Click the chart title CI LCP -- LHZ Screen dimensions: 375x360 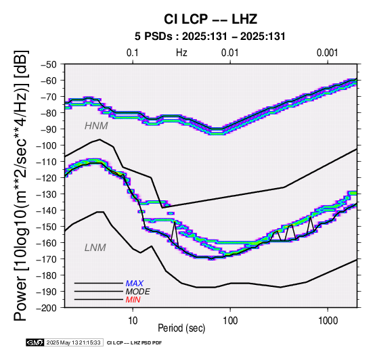point(211,19)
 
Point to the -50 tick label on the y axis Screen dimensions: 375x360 point(48,64)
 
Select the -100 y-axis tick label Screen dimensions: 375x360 point(46,145)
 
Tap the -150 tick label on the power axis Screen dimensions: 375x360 point(46,227)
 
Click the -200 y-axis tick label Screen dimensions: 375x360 point(46,308)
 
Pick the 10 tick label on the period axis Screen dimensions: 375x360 point(133,320)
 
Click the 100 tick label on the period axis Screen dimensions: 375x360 point(230,320)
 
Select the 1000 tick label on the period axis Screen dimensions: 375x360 point(328,320)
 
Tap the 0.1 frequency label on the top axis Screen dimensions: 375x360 point(133,53)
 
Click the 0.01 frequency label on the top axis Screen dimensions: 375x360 point(230,53)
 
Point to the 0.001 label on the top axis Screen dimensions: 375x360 point(327,53)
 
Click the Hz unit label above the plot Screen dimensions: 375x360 point(181,53)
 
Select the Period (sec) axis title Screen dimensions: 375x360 point(181,328)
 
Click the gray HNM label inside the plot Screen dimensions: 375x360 point(96,126)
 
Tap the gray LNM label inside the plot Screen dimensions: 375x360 point(95,248)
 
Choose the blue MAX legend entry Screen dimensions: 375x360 point(135,284)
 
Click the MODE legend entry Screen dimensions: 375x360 point(138,292)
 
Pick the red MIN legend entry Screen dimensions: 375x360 point(133,300)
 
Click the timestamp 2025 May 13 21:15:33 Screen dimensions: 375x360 point(74,343)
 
